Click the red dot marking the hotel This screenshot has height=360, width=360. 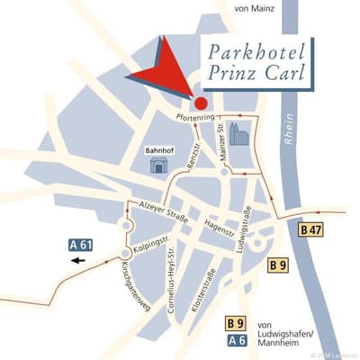click(x=200, y=104)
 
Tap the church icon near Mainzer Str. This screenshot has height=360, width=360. click(x=238, y=134)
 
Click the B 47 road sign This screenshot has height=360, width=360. click(x=310, y=230)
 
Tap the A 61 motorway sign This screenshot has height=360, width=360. click(x=82, y=244)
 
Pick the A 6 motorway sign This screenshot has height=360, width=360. click(x=237, y=339)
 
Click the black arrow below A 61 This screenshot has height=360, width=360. click(x=79, y=261)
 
